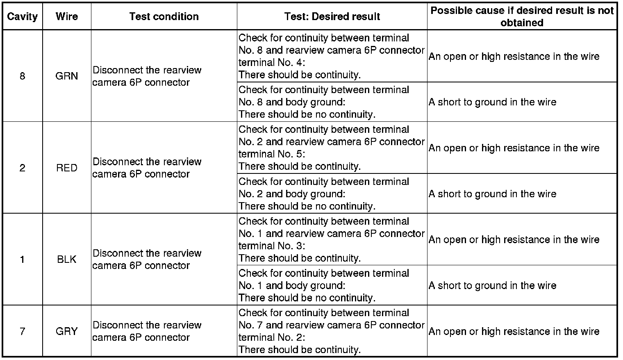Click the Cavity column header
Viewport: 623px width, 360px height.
coord(22,17)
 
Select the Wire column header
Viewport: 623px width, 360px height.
coord(67,17)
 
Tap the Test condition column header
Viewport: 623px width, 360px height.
coord(164,17)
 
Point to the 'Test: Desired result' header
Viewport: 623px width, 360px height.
coord(332,17)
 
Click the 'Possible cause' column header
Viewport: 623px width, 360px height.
coord(522,17)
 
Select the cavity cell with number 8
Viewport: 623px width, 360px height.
coord(22,76)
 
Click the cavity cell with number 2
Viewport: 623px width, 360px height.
coord(22,168)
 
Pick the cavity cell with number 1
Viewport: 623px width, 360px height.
coord(22,259)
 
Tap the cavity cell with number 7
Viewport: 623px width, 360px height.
coord(22,331)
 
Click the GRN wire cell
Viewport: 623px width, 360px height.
coord(67,76)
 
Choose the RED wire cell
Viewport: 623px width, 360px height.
coord(67,168)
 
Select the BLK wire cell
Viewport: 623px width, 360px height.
coord(67,259)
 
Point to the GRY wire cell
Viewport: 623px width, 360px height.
coord(67,331)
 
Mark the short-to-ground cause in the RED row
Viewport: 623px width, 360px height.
coord(492,194)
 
